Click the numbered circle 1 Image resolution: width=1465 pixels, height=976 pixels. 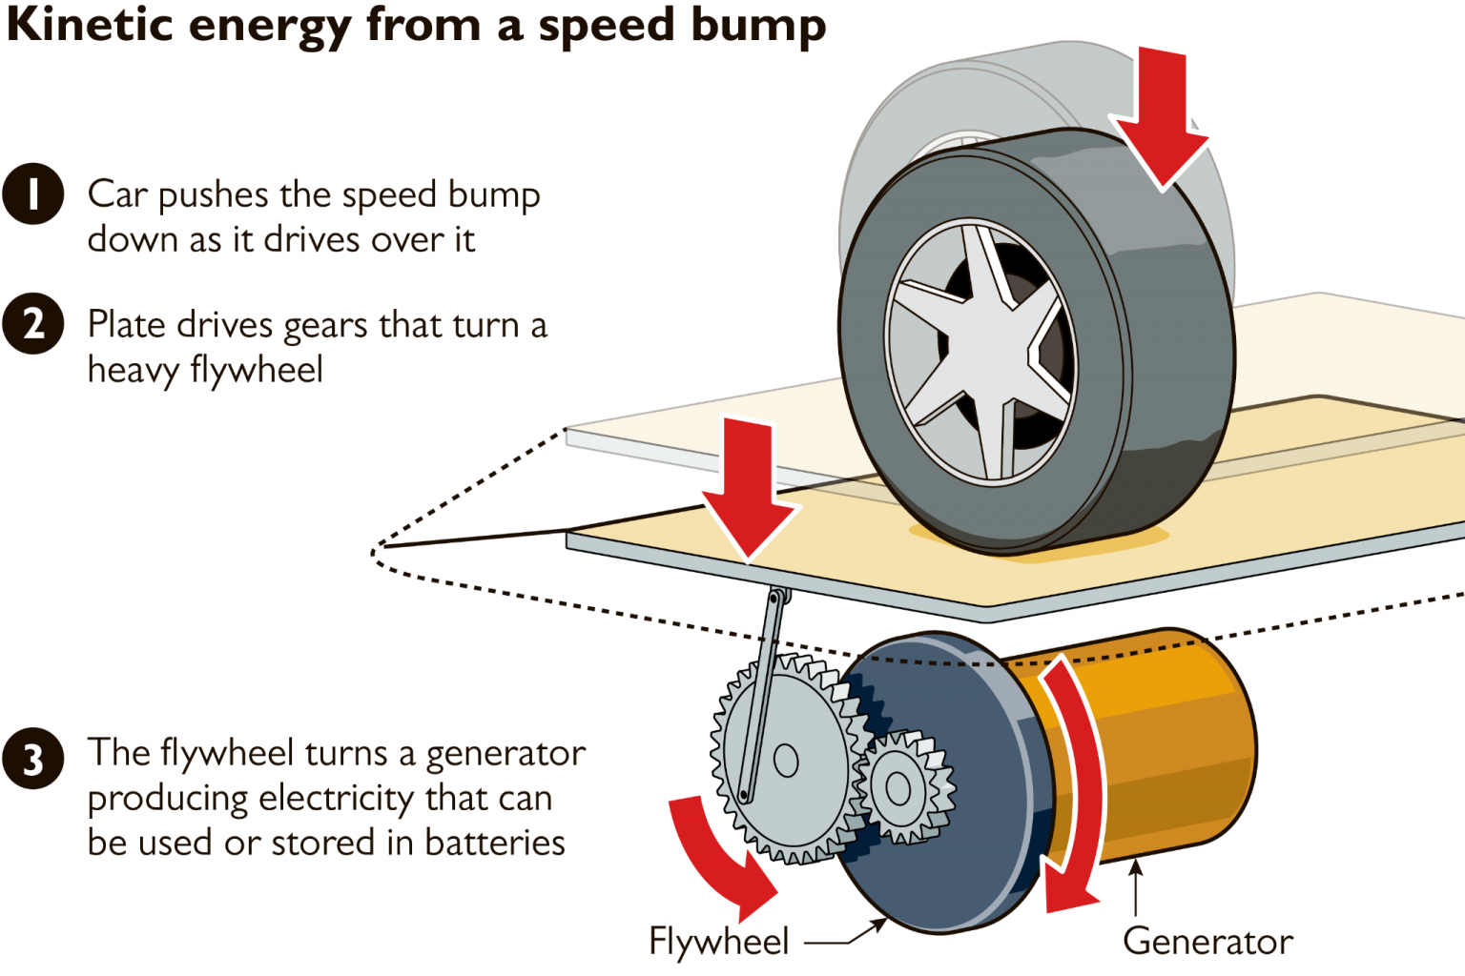[x=32, y=193]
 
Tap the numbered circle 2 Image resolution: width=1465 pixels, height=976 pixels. [x=32, y=324]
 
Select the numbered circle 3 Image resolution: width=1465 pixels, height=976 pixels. [x=32, y=760]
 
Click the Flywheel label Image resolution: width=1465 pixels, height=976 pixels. [x=718, y=942]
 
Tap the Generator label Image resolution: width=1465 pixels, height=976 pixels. [x=1207, y=942]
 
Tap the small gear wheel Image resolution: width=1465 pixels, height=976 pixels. [x=899, y=787]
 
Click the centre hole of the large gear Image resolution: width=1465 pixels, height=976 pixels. [x=786, y=761]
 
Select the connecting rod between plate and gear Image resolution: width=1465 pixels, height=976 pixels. [x=761, y=696]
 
